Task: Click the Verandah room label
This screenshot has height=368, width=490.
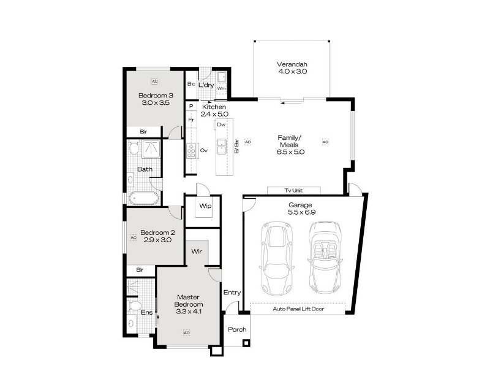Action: (x=292, y=67)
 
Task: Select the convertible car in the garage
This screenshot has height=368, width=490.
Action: (x=325, y=257)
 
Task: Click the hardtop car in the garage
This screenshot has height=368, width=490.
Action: (x=277, y=258)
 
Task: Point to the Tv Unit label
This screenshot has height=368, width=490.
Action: (x=293, y=190)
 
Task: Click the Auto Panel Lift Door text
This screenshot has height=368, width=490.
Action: (x=298, y=309)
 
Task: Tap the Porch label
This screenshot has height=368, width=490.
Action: (x=237, y=329)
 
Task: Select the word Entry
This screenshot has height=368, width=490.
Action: (x=232, y=293)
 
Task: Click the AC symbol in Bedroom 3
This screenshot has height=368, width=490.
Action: (x=154, y=82)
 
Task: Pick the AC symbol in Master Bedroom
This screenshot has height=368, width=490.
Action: (x=186, y=332)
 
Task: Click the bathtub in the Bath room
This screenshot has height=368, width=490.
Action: (x=144, y=198)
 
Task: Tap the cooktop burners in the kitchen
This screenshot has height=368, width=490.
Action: (x=191, y=150)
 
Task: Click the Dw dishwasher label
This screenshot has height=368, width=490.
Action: (x=221, y=125)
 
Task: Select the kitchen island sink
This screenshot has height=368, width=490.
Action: (x=222, y=147)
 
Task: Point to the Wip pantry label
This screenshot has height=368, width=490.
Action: (x=205, y=205)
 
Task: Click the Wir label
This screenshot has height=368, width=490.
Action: (x=197, y=251)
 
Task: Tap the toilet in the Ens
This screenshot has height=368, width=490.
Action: (x=135, y=305)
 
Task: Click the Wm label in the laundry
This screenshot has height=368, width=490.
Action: (x=221, y=88)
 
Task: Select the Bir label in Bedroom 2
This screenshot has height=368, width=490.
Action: (x=140, y=269)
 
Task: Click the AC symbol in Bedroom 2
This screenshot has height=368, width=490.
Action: (x=134, y=238)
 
